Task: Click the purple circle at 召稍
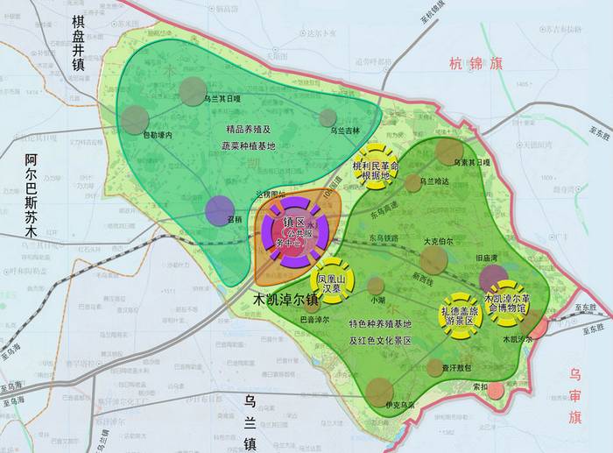point(220,210)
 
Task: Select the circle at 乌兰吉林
point(328,118)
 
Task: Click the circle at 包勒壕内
point(135,119)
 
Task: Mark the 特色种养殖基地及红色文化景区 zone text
point(380,332)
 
